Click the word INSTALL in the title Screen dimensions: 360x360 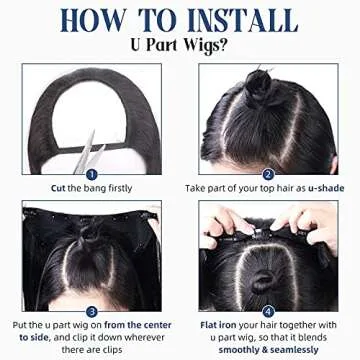(x=243, y=20)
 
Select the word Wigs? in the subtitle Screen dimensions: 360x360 (x=206, y=46)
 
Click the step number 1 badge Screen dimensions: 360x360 (x=92, y=174)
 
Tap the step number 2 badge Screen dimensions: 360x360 (x=268, y=174)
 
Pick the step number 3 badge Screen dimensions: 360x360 (x=92, y=312)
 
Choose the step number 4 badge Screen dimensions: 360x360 (x=268, y=312)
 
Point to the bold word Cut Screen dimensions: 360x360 (x=58, y=188)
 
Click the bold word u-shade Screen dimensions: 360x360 (x=326, y=188)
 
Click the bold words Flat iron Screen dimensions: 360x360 (x=219, y=325)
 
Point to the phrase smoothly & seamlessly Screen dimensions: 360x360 (x=269, y=350)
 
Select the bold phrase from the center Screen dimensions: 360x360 (x=138, y=325)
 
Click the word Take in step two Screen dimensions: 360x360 (x=194, y=188)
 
